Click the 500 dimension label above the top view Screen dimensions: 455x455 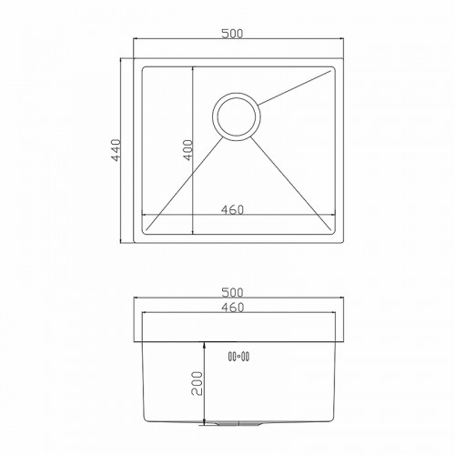click(232, 34)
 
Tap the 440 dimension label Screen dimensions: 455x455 click(116, 150)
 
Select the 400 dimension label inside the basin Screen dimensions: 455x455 click(188, 150)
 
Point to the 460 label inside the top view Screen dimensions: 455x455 click(232, 209)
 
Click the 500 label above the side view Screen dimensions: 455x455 click(232, 293)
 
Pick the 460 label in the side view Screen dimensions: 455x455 click(233, 308)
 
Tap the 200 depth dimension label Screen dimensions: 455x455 click(197, 383)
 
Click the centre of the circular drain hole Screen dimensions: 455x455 click(237, 116)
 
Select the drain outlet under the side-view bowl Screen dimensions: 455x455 click(238, 423)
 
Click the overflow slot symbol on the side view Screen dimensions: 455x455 click(238, 357)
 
